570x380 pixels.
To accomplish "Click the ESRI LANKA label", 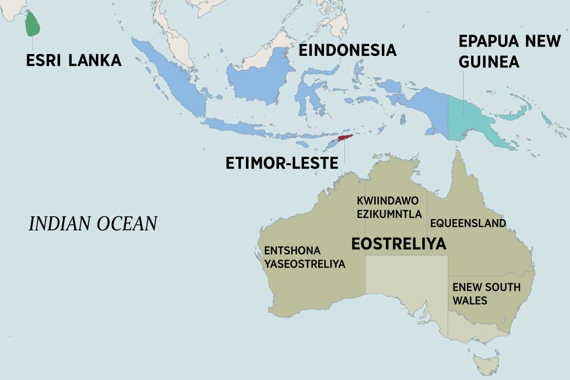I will (x=74, y=60).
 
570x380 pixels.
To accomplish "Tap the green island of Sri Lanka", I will (x=32, y=24).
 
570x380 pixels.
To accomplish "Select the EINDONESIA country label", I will (x=347, y=50).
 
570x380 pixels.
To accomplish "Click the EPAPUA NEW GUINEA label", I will (x=509, y=51).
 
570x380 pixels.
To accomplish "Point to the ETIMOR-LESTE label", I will (x=281, y=163).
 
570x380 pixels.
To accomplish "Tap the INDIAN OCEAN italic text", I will (x=93, y=224).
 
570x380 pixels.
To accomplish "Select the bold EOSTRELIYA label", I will (x=399, y=244).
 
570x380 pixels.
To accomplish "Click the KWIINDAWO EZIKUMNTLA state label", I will (x=389, y=208).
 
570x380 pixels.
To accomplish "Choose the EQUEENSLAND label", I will (x=468, y=223).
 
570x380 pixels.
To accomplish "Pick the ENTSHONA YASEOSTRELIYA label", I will (x=304, y=258).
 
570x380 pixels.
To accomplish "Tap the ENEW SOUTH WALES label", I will (x=486, y=294).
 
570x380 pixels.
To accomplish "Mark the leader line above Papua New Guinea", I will (x=463, y=90).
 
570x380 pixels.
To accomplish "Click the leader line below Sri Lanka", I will (x=32, y=43).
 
